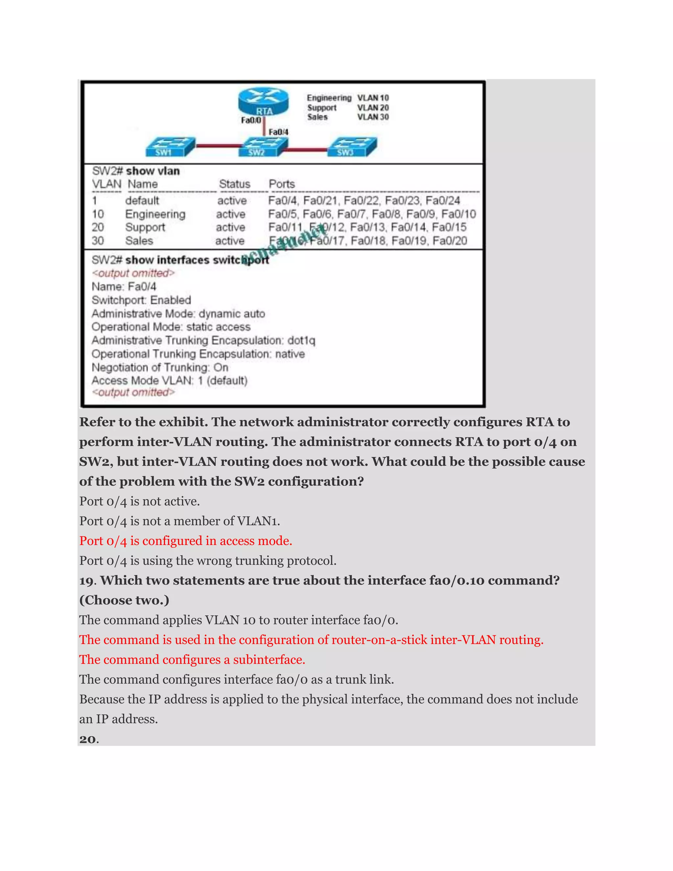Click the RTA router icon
(263, 102)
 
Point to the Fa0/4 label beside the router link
(278, 132)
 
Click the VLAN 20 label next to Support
(373, 108)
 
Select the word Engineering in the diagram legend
(329, 98)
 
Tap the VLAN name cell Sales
(139, 241)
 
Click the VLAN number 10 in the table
(98, 214)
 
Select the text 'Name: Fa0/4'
(124, 286)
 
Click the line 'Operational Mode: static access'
(171, 327)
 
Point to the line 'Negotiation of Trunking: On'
(160, 367)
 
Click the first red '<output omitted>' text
(133, 273)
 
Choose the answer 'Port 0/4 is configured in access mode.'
(185, 541)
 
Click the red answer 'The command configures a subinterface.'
(192, 660)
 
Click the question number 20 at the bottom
(88, 740)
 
